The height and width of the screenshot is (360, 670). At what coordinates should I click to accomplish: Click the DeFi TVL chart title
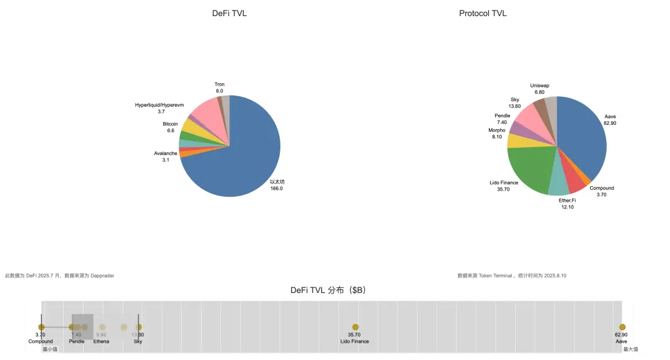point(229,14)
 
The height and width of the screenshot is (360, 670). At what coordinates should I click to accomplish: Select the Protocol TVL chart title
point(483,14)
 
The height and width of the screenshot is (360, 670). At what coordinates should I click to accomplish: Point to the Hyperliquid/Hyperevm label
point(159,105)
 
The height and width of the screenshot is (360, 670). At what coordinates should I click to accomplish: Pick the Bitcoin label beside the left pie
point(170,124)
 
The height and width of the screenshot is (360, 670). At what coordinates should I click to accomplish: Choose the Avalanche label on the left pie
point(166,153)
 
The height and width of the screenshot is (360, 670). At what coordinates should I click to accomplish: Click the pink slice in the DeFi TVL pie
point(205,112)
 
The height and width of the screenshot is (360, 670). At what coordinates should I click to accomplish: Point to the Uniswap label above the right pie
point(540,86)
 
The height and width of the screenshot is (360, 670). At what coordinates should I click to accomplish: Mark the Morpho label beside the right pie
point(497,130)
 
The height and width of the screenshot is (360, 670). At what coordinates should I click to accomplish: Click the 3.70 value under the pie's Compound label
point(602,195)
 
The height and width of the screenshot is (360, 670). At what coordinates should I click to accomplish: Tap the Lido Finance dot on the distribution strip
point(355,327)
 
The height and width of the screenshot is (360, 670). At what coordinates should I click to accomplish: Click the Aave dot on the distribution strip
point(622,327)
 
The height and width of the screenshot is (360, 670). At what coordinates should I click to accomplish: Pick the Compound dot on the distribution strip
point(41,327)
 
